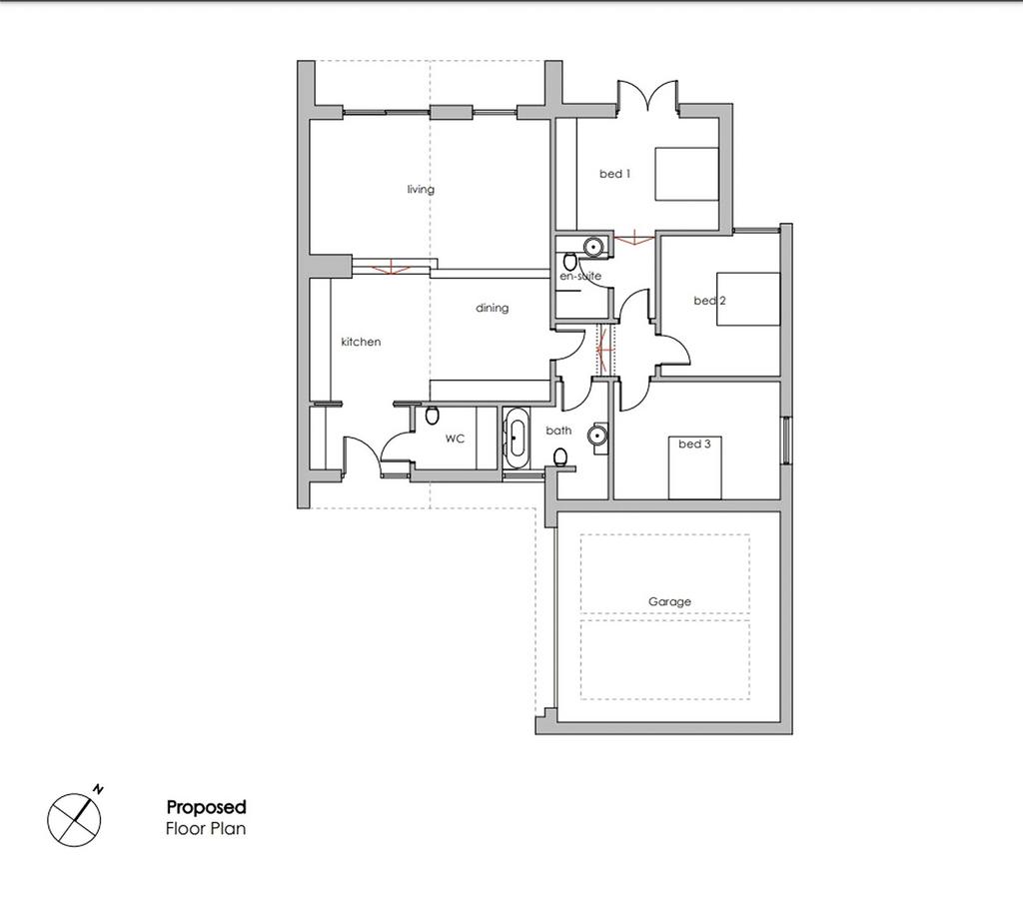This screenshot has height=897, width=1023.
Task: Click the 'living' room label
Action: tap(421, 189)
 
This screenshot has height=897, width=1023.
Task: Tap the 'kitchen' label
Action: tap(361, 342)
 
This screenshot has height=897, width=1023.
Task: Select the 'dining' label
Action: tap(492, 308)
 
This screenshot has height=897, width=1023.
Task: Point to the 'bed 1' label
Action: tap(614, 174)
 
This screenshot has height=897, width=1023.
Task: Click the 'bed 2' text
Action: tap(710, 301)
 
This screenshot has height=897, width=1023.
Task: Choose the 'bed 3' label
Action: tap(694, 444)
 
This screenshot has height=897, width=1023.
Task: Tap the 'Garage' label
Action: tap(669, 601)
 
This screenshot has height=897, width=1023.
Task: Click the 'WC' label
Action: tap(455, 440)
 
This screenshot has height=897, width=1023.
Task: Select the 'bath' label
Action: tap(558, 431)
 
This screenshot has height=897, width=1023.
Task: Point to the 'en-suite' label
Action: tap(580, 276)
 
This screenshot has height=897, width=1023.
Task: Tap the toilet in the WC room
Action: tap(432, 415)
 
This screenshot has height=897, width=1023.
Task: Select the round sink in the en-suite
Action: tap(593, 247)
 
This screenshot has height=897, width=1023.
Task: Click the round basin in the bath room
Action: tap(597, 436)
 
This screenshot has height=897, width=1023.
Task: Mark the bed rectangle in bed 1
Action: tap(686, 174)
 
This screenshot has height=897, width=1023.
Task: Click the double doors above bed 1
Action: tap(648, 95)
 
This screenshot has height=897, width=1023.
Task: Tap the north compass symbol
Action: tap(74, 820)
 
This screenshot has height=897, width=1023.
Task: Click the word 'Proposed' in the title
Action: tap(206, 808)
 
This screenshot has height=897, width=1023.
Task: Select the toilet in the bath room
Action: tap(560, 457)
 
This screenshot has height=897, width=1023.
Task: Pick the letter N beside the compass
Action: tap(99, 789)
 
